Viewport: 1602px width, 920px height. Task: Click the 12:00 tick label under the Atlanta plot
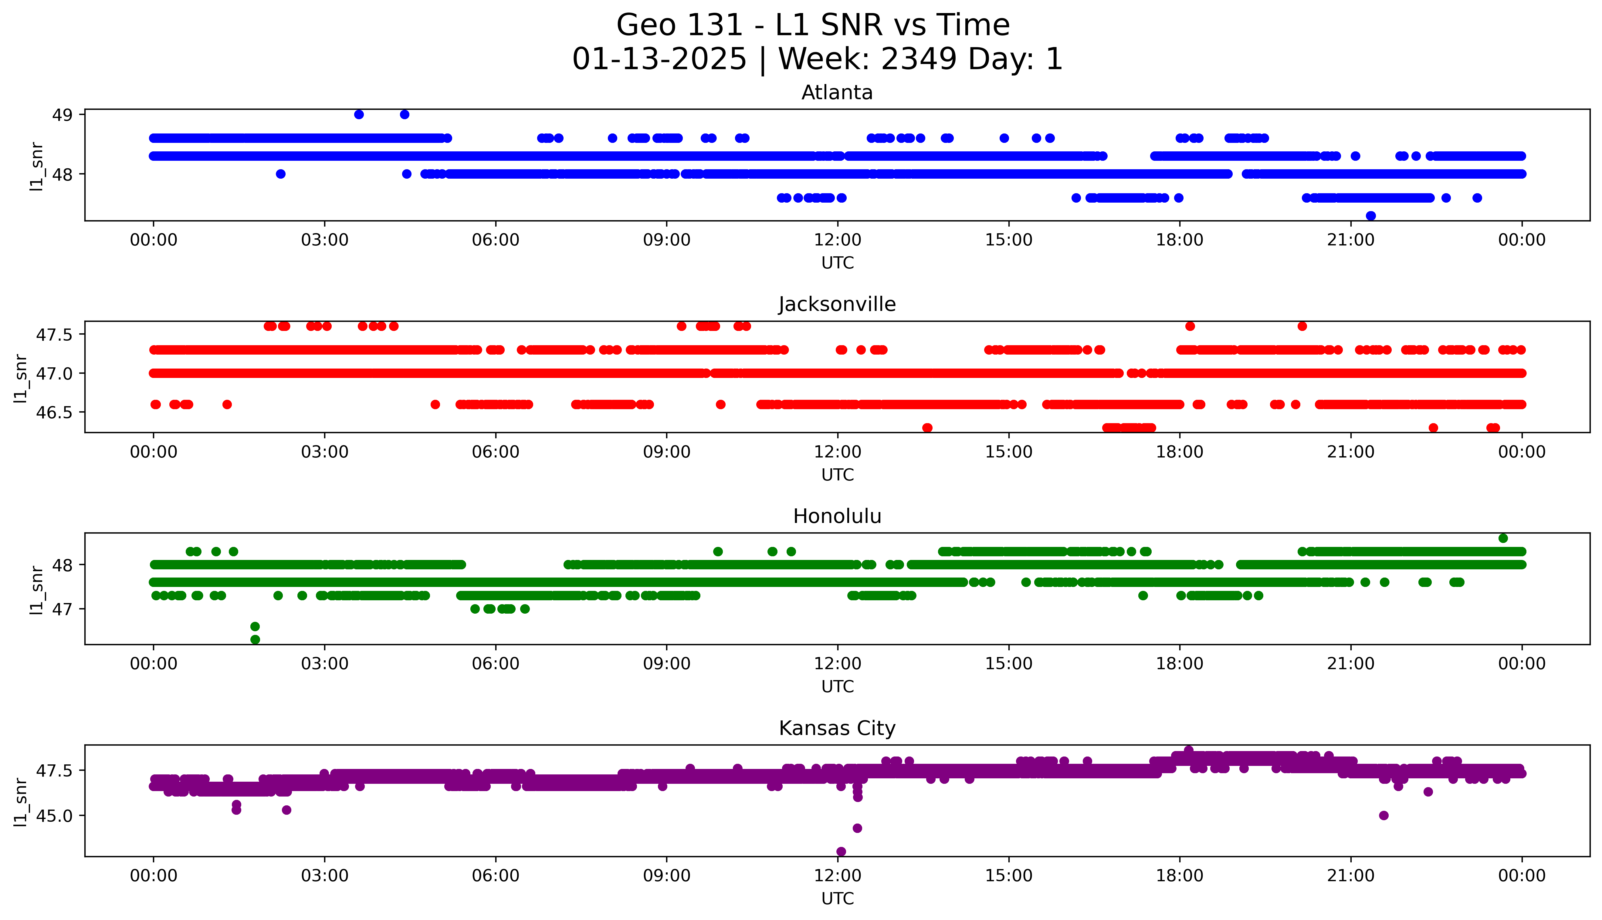(x=837, y=240)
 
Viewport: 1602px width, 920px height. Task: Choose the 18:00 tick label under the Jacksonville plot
(x=1179, y=452)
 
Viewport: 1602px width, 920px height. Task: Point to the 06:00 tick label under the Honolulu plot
(x=496, y=663)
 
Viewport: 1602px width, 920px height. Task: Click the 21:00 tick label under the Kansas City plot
(x=1350, y=876)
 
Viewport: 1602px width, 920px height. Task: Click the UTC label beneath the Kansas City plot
(x=837, y=898)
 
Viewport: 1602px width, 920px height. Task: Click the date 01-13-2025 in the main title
(x=659, y=59)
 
